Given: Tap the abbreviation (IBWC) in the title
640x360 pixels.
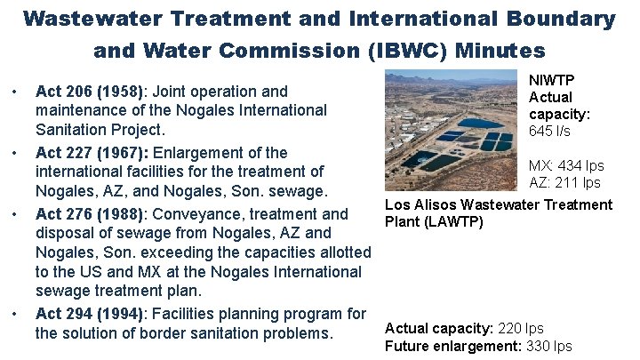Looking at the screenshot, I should (x=404, y=51).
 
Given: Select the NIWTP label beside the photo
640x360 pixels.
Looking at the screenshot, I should (x=550, y=79).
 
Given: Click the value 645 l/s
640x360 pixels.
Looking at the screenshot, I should (x=550, y=132).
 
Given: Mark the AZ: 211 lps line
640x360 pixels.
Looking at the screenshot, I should (x=565, y=183).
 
